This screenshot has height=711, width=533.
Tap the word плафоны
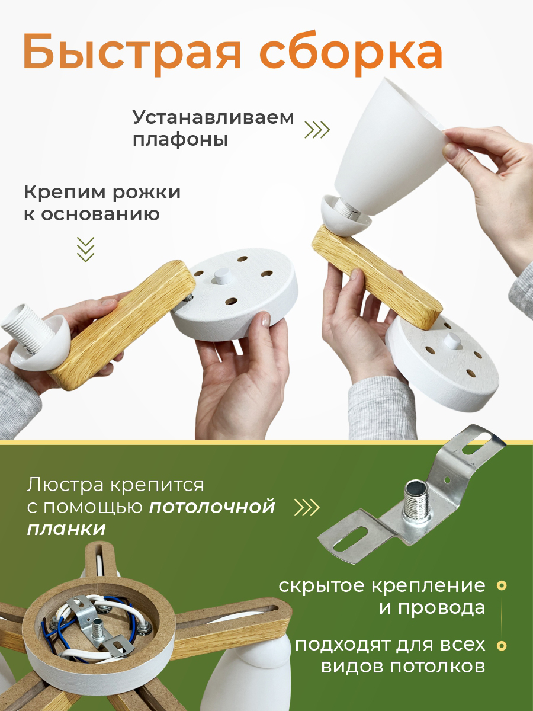click(x=181, y=140)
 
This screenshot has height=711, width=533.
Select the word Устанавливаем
click(x=213, y=118)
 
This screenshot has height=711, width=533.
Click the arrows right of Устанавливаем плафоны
click(x=317, y=130)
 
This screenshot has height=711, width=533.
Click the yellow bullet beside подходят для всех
click(x=502, y=636)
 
